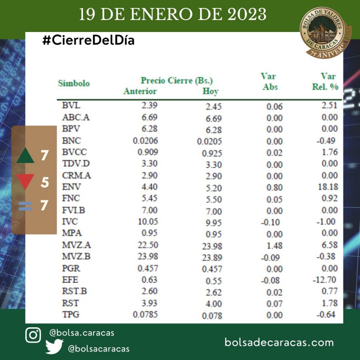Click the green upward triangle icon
[x=25, y=156]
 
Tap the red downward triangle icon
[x=25, y=181]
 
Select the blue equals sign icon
[x=25, y=206]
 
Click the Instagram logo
[x=33, y=335]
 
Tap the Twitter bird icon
[x=54, y=347]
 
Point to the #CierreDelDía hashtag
[x=88, y=41]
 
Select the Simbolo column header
[x=74, y=84]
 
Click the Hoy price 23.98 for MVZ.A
[x=212, y=246]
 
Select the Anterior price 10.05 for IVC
[x=148, y=222]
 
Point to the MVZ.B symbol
[x=76, y=257]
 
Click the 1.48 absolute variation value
[x=274, y=246]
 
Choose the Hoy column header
[x=210, y=91]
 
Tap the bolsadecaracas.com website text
[x=279, y=342]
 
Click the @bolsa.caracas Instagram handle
[x=82, y=333]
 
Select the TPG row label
[x=71, y=314]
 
